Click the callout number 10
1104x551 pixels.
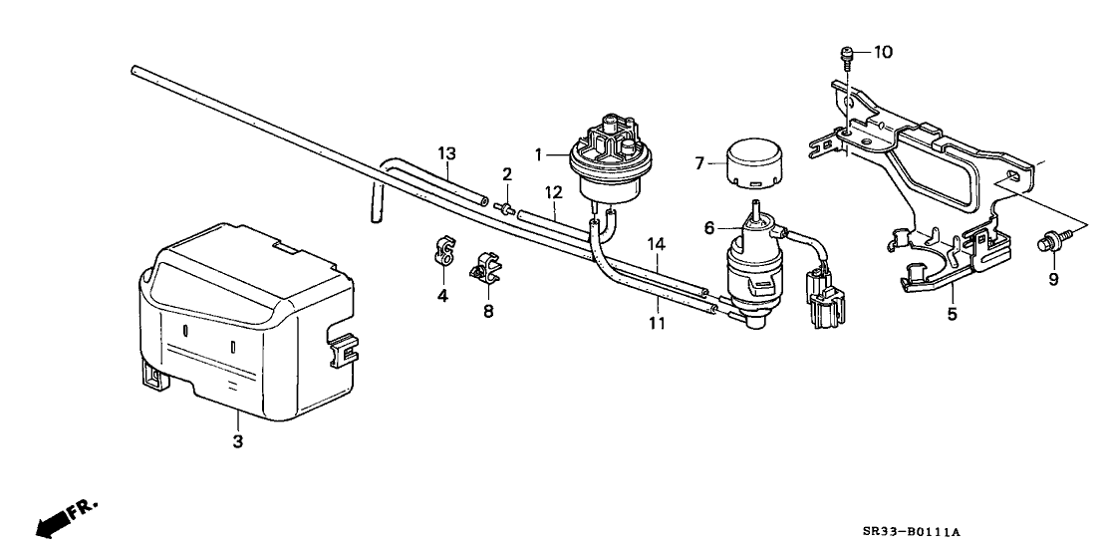point(884,52)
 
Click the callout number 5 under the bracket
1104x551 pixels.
point(952,314)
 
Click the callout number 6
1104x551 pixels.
point(709,227)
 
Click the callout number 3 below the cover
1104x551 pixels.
point(237,440)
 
